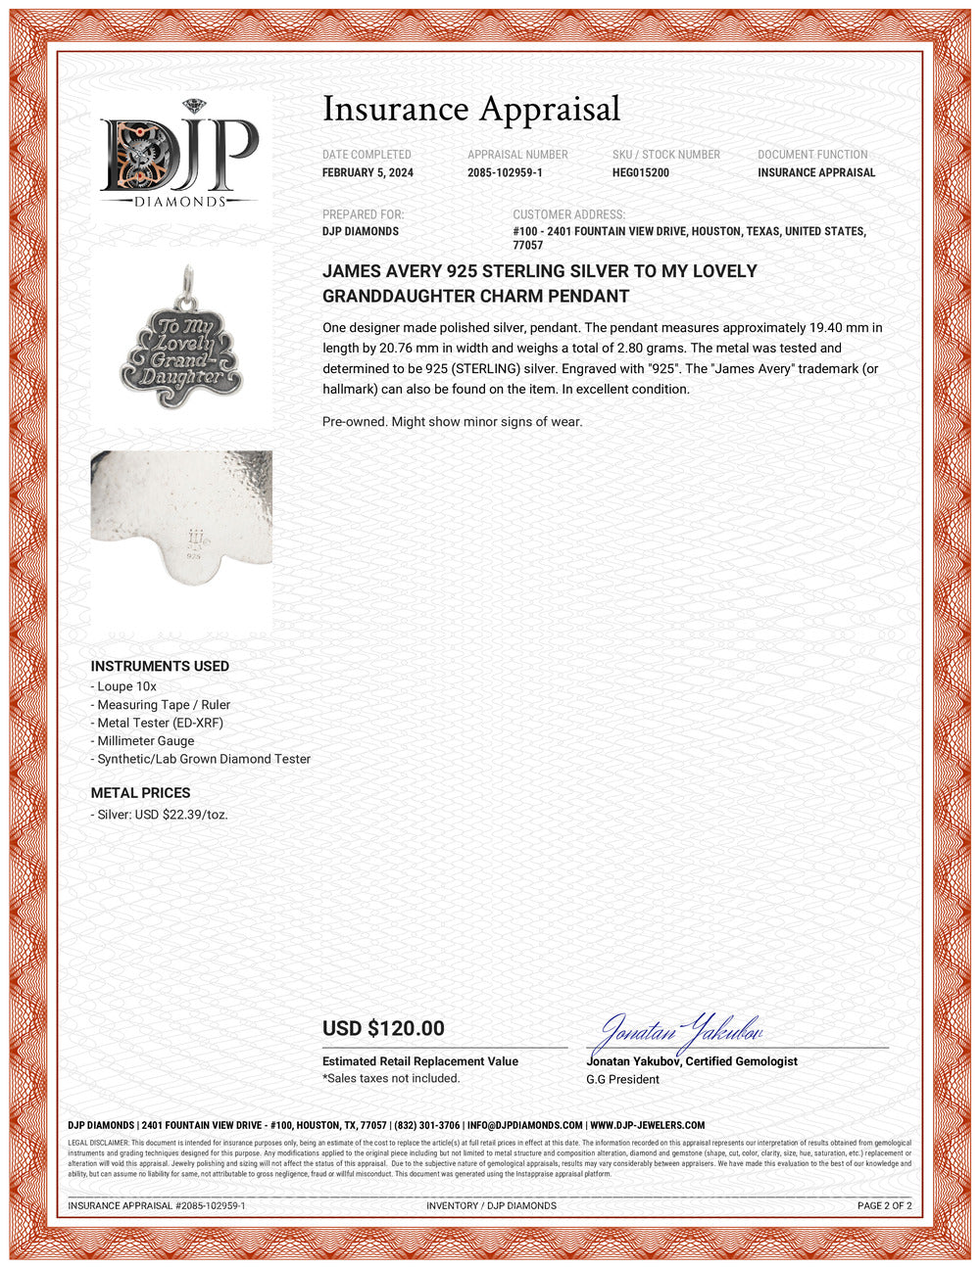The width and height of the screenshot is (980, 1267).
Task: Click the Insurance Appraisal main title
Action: pyautogui.click(x=471, y=109)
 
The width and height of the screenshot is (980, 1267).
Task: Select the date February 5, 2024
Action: pyautogui.click(x=367, y=172)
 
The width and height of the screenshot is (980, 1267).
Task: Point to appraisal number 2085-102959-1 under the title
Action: pyautogui.click(x=505, y=172)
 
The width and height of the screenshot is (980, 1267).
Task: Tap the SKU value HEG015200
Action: pyautogui.click(x=641, y=172)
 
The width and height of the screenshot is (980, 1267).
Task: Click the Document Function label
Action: pyautogui.click(x=812, y=155)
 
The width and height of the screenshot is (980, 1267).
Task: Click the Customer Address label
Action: pyautogui.click(x=568, y=214)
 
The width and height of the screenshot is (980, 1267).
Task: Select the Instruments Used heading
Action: pyautogui.click(x=160, y=666)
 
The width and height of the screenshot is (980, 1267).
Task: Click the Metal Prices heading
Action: pyautogui.click(x=140, y=792)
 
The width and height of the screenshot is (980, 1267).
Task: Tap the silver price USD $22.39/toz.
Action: pyautogui.click(x=162, y=814)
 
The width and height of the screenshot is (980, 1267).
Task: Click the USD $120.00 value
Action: pyautogui.click(x=383, y=1028)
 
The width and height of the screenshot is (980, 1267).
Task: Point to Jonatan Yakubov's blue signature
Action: pyautogui.click(x=681, y=1030)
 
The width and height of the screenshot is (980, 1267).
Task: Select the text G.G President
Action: pyautogui.click(x=622, y=1079)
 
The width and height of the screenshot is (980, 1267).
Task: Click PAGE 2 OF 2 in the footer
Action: pyautogui.click(x=884, y=1205)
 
